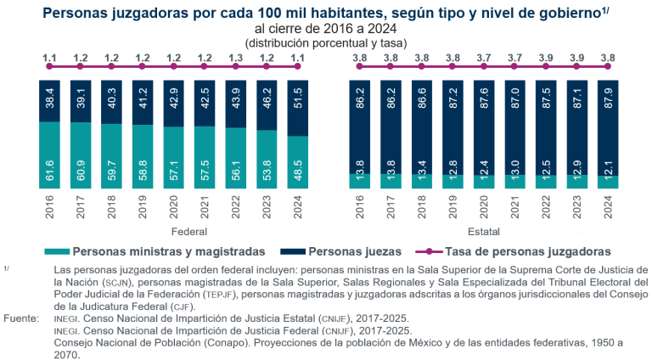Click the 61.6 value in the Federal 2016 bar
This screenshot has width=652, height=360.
[x=49, y=156]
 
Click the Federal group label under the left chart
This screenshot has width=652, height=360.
[x=170, y=231]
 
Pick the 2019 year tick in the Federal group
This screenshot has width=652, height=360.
[x=140, y=205]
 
